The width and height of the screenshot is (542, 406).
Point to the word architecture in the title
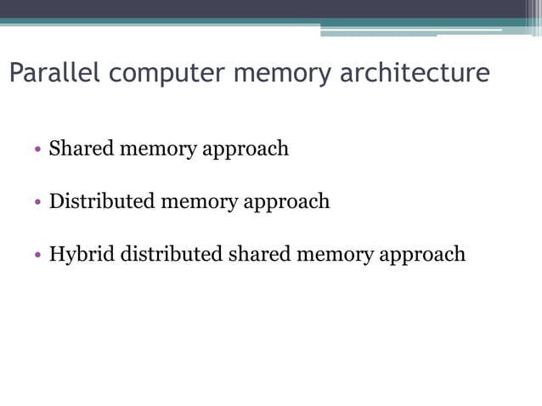(415, 73)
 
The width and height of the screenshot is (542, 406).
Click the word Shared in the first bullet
(82, 149)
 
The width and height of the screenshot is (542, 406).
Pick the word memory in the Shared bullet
(159, 149)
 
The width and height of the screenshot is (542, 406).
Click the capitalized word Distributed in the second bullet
(102, 201)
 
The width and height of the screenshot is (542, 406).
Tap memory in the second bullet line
(200, 202)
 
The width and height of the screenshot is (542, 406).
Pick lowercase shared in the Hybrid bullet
(258, 254)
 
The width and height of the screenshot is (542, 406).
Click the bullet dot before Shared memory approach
(38, 150)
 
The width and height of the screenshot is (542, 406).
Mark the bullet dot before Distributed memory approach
(38, 203)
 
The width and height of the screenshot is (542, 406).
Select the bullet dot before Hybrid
(38, 256)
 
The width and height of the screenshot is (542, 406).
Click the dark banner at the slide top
(255, 8)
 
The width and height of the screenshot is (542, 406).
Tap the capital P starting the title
(15, 73)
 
